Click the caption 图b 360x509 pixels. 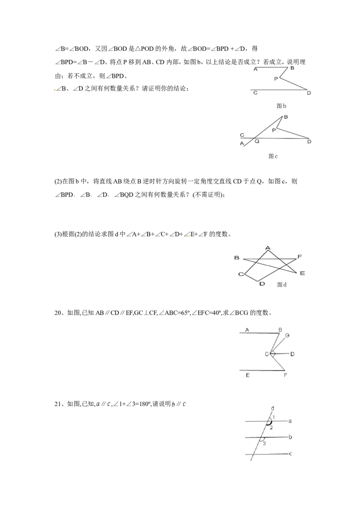click(281, 106)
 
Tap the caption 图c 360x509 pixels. click(273, 156)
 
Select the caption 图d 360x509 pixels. click(282, 285)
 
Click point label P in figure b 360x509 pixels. click(276, 79)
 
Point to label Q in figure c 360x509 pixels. click(257, 142)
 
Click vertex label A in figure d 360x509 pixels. click(268, 248)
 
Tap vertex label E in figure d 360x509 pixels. click(302, 273)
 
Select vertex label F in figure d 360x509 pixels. click(300, 257)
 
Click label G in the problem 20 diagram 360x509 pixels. click(287, 335)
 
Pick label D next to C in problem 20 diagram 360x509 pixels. click(292, 354)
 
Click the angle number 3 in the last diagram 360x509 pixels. click(264, 443)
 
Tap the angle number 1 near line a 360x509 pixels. click(274, 417)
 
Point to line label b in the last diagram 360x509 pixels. click(290, 437)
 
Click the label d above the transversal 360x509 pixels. click(273, 408)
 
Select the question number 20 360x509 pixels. click(58, 313)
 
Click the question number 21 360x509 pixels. click(58, 404)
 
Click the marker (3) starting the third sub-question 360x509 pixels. click(58, 234)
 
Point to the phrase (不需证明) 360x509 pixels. click(208, 195)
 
